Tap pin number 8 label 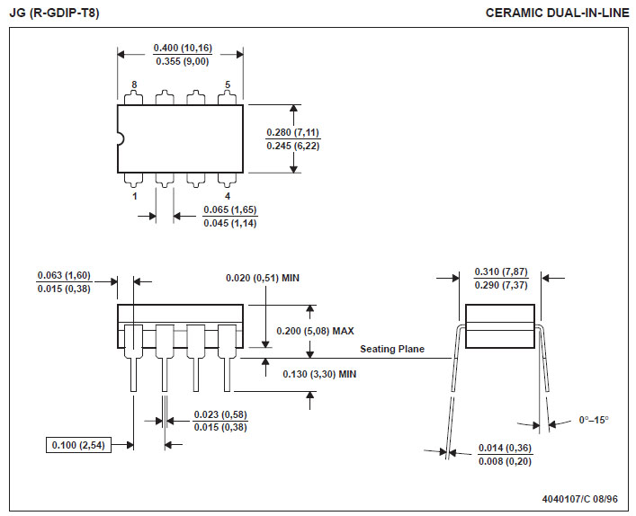(134, 85)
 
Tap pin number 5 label (227, 85)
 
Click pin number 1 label (134, 195)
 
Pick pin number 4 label (227, 195)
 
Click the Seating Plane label (392, 349)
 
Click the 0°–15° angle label (594, 420)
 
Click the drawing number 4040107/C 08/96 (580, 498)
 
